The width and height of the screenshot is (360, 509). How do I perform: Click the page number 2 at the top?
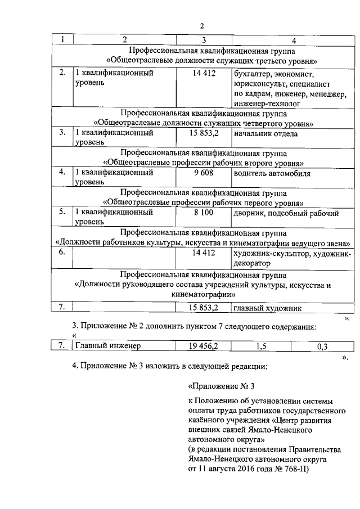point(202,25)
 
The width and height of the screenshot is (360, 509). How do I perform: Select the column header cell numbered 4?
point(293,40)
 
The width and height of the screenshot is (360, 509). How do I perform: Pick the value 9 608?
point(204,173)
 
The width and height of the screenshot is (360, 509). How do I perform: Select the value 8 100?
point(204,213)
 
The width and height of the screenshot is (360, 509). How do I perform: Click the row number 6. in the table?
point(63,253)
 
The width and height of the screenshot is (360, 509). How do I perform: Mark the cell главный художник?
point(268,308)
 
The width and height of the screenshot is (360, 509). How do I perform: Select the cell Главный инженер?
point(107,346)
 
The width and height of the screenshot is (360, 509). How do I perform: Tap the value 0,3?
point(322,346)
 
